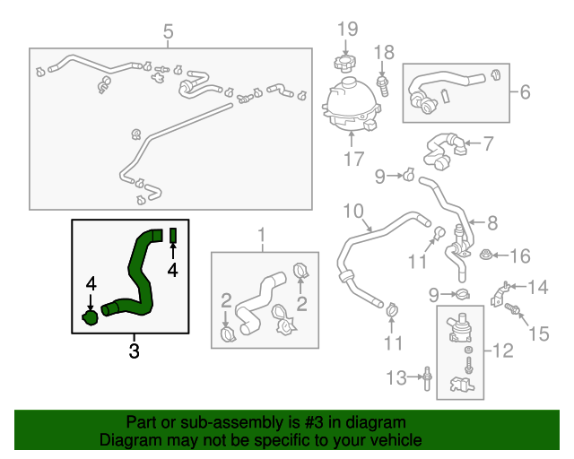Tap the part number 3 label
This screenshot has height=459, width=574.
tap(134, 351)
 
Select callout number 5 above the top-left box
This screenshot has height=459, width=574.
tap(168, 34)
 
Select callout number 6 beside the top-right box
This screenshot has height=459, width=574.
tap(525, 91)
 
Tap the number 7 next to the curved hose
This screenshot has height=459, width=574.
tap(488, 142)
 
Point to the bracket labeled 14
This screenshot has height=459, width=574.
tap(505, 291)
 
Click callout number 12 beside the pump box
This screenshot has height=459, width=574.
tap(503, 351)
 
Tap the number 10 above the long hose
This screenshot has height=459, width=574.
tap(353, 212)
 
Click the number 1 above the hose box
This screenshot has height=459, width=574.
tap(263, 237)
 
